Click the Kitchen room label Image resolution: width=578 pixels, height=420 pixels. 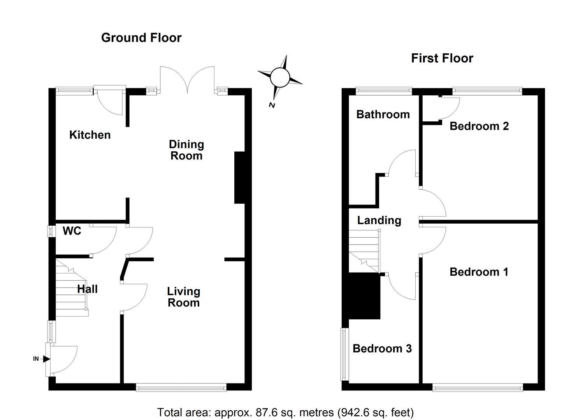(90, 135)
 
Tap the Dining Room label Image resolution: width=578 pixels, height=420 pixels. (186, 150)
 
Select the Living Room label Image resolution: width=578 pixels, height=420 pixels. (183, 297)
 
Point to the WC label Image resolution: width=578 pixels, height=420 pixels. (72, 231)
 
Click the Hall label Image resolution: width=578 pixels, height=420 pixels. (87, 289)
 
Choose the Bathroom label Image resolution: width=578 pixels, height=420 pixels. (383, 114)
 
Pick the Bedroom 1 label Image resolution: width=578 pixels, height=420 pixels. (479, 272)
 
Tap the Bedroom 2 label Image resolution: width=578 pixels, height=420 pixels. (479, 126)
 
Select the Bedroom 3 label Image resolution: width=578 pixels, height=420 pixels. (382, 348)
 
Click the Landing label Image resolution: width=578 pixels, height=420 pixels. (379, 220)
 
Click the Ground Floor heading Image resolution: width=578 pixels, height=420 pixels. (141, 38)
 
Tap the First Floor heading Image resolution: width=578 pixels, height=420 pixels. (442, 58)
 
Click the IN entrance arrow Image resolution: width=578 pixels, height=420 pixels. (46, 359)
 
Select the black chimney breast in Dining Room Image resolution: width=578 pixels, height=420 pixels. (239, 177)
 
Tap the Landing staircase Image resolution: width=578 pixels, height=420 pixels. (364, 251)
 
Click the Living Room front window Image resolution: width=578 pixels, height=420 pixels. (181, 387)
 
